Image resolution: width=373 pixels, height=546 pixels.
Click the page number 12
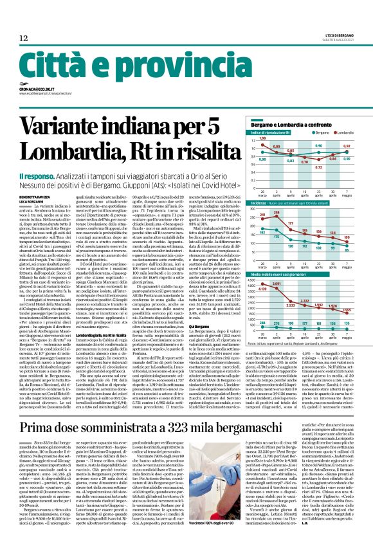point(23,39)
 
